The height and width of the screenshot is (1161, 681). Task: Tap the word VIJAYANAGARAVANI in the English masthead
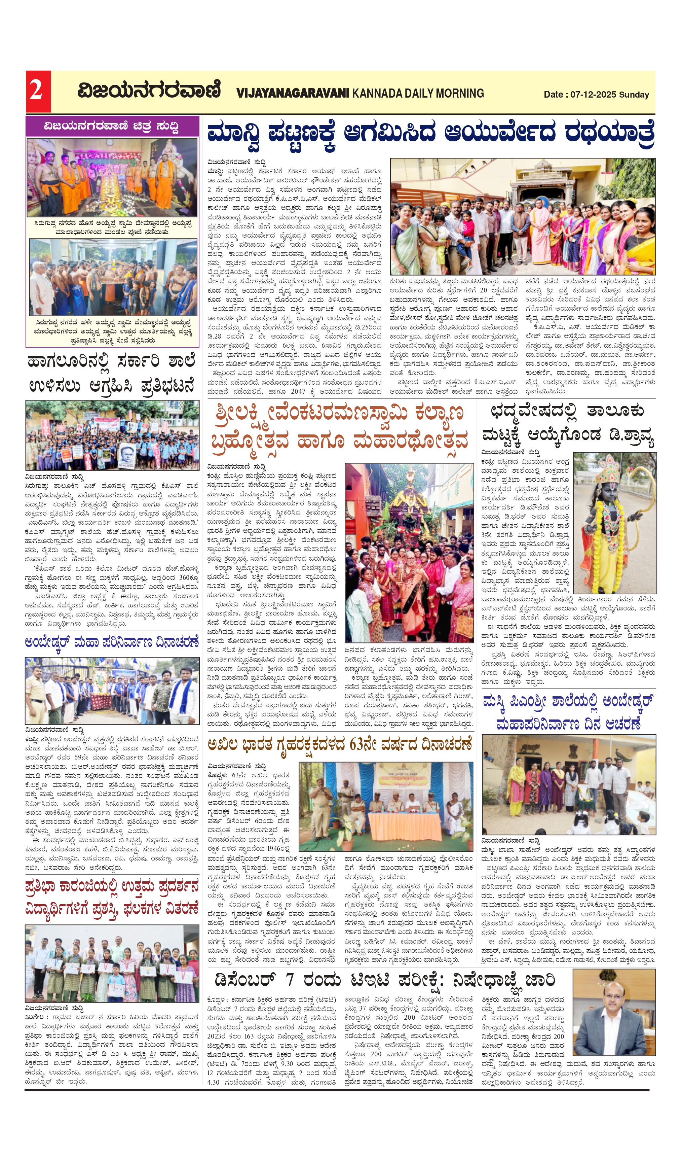293,94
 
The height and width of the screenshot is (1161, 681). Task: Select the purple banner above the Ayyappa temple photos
112,126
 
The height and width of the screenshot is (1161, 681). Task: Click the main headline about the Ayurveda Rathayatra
430,134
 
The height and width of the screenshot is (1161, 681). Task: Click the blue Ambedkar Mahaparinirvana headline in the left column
112,642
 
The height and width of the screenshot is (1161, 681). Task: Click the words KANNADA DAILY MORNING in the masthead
418,94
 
